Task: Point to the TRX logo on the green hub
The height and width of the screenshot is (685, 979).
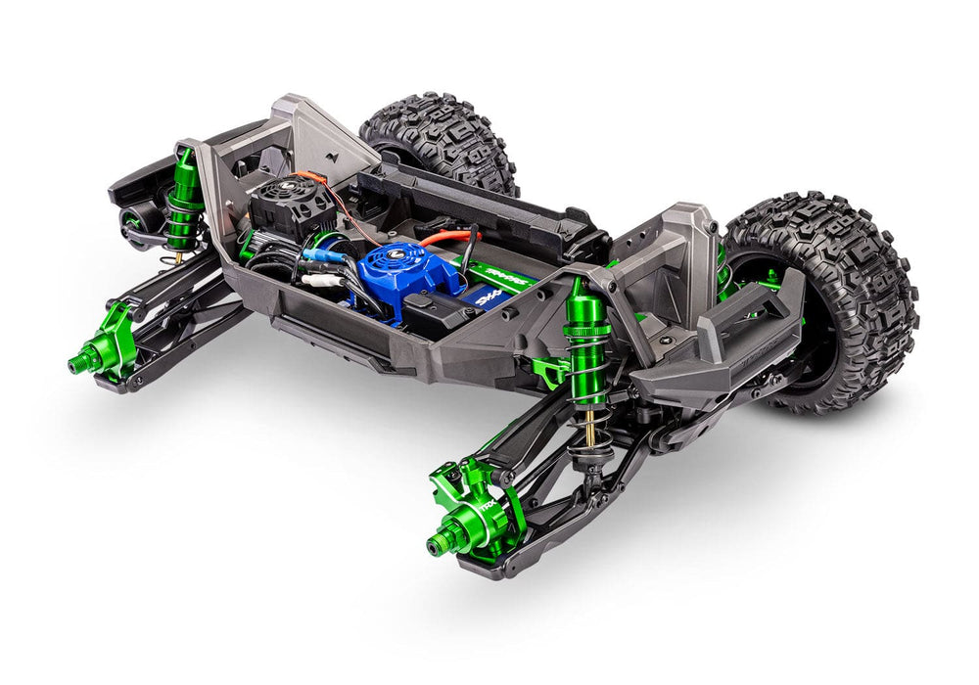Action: (513, 508)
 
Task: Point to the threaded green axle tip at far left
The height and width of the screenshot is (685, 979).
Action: (73, 365)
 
